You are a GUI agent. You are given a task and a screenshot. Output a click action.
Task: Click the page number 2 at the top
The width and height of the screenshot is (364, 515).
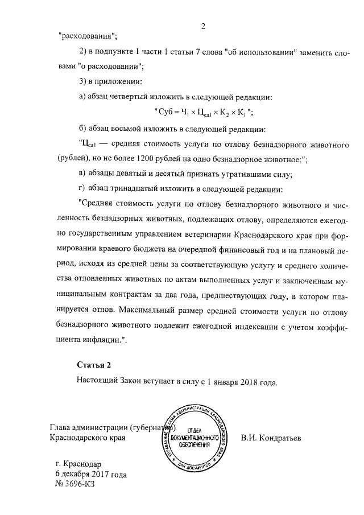(x=202, y=26)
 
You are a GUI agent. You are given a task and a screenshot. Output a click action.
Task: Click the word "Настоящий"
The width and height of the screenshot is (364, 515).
(x=98, y=381)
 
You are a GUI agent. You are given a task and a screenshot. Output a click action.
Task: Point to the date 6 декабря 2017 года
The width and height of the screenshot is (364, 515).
(x=90, y=474)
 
